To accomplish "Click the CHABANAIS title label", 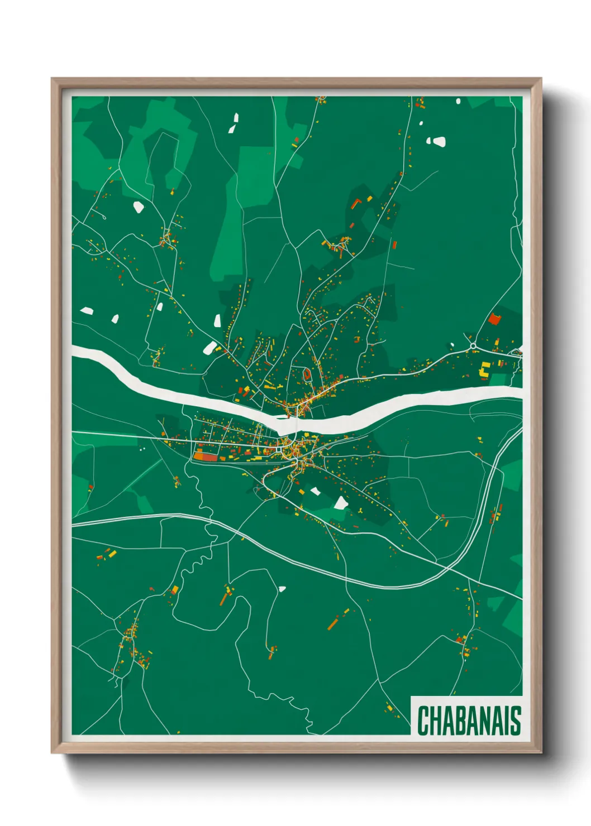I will point(469,721).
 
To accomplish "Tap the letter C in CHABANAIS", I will point(423,721).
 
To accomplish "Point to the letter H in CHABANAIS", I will point(435,721).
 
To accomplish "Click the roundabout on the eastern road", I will point(473,346).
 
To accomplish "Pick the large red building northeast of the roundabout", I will point(494,319).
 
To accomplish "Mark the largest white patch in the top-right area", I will point(439,142).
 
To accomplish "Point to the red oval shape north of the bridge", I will point(306,373).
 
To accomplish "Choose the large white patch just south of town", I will point(340,503).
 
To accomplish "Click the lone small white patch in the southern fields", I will point(282,588).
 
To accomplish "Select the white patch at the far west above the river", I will point(86,310).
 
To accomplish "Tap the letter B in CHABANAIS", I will point(459,721).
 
